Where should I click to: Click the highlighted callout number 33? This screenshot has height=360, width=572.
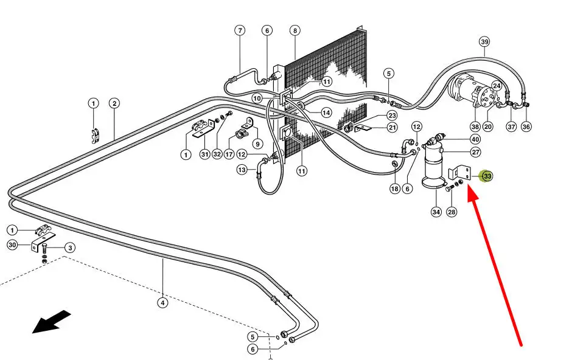pos(487,176)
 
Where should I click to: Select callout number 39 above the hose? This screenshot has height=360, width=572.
pos(484,42)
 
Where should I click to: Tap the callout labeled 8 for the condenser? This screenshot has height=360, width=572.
pos(295,30)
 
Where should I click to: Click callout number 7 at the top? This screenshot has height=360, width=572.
pos(240,30)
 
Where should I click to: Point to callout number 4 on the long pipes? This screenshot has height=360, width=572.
pos(162,302)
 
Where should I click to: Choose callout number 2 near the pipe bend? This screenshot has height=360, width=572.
pos(114,103)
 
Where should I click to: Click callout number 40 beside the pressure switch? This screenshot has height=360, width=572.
pos(475,139)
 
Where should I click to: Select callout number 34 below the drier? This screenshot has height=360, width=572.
pos(436,212)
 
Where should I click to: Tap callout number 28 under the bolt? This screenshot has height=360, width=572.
pos(452,212)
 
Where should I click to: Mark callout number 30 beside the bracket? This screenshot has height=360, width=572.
pos(12,244)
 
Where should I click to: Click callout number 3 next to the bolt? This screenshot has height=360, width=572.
pos(70,248)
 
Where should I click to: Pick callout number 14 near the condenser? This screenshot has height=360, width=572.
pos(326,113)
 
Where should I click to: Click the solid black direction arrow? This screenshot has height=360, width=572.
pos(51,322)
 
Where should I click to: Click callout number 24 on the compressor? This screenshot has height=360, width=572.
pos(497,86)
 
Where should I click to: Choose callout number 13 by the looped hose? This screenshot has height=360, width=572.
pos(242,170)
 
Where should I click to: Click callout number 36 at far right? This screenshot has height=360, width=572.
pos(526,126)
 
